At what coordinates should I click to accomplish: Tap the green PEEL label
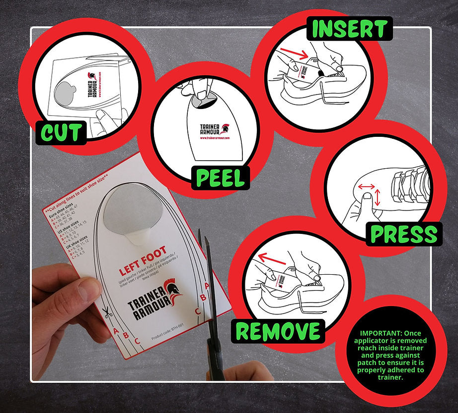coord(221,178)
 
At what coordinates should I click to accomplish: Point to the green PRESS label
coord(404,233)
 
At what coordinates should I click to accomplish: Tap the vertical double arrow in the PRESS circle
coord(378,198)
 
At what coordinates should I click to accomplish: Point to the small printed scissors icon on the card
coord(106,312)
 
